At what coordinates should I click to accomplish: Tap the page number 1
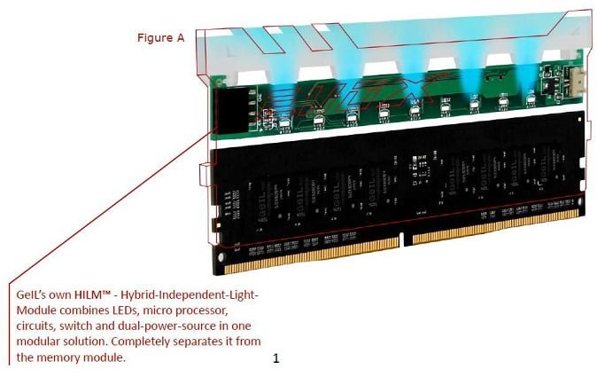point(276,358)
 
